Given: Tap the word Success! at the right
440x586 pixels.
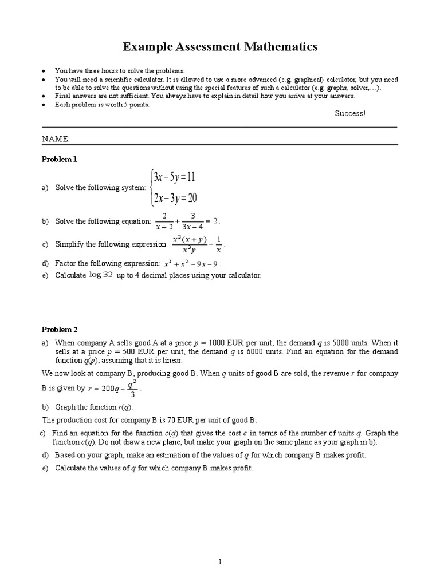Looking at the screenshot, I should click(349, 113).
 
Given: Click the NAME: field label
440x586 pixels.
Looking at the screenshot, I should click(56, 139).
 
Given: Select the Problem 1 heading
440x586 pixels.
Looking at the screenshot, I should click(59, 160).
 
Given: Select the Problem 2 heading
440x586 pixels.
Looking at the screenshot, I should click(59, 330).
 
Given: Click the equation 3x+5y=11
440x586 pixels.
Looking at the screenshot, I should click(174, 177).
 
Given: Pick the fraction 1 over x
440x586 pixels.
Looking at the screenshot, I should click(219, 244).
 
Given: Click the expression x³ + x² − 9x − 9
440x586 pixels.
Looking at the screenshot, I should click(191, 264).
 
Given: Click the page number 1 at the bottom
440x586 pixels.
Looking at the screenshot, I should click(220, 547).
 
